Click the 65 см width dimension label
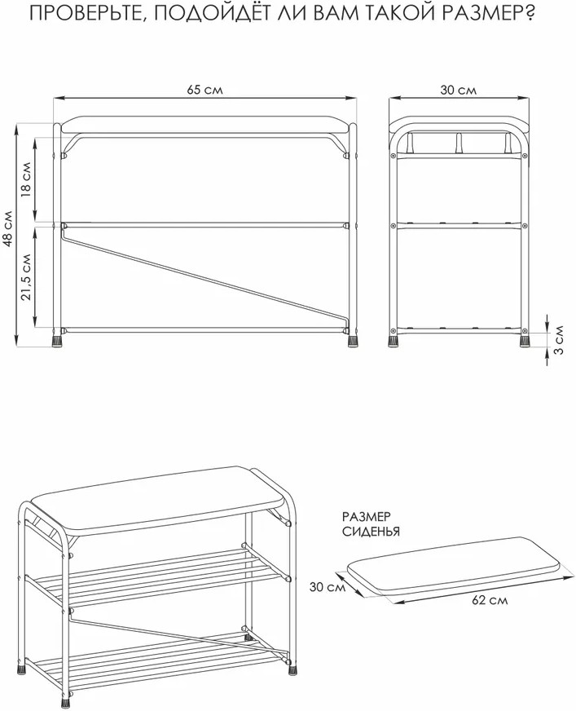click(204, 90)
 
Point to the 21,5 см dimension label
click(26, 276)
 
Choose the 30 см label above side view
click(459, 90)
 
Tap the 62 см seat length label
click(490, 600)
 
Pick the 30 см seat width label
click(328, 587)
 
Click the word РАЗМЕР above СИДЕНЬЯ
click(366, 516)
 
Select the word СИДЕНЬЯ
click(372, 531)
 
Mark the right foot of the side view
click(525, 340)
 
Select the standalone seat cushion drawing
click(453, 561)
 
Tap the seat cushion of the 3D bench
click(159, 497)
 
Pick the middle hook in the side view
click(458, 143)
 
